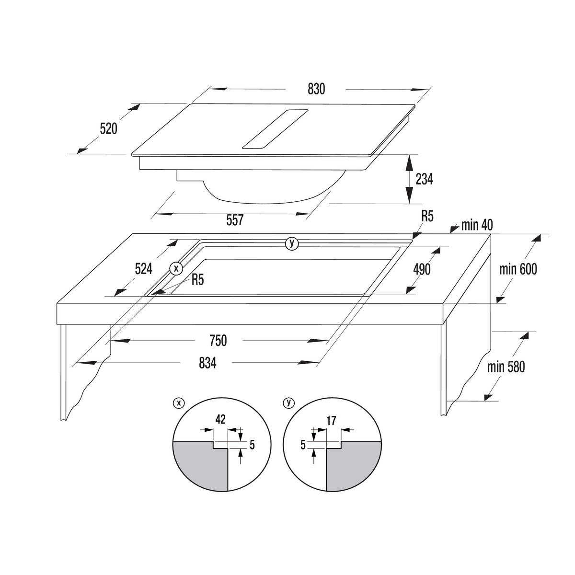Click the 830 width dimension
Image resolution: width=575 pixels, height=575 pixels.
(x=316, y=89)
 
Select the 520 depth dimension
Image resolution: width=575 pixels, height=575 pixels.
(x=108, y=128)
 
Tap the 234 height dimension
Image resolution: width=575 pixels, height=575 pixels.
(x=424, y=179)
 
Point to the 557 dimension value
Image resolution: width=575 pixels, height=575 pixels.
(x=235, y=220)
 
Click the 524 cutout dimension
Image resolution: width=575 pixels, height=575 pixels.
(x=144, y=269)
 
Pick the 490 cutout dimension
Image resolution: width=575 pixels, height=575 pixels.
(x=422, y=269)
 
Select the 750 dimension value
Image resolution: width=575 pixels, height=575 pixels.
(x=218, y=341)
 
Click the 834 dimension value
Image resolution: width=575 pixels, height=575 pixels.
(x=207, y=363)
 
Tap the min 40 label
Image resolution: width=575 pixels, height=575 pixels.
(x=477, y=225)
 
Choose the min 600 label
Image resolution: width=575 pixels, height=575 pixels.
(x=518, y=269)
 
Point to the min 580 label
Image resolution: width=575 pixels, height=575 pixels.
(x=506, y=367)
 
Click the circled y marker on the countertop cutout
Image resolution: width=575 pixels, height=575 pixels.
(x=292, y=243)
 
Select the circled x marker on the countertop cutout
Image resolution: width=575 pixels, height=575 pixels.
(x=176, y=268)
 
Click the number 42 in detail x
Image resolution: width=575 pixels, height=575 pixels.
(x=220, y=420)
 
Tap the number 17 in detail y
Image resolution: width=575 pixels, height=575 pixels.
(x=331, y=421)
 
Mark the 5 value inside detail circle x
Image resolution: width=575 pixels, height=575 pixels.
(x=252, y=445)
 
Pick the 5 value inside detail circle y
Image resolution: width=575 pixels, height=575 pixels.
(x=303, y=445)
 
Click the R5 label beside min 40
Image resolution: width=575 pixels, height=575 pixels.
(x=427, y=216)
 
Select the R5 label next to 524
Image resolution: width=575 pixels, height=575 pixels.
(x=197, y=280)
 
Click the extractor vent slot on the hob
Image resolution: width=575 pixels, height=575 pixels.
(x=275, y=128)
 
